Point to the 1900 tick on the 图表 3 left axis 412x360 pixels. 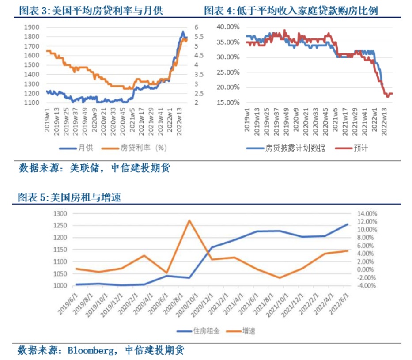33,27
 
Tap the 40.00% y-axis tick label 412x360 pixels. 229,27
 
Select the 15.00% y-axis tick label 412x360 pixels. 229,103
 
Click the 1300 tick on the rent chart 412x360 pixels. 60,214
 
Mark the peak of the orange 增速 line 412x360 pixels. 189,220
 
